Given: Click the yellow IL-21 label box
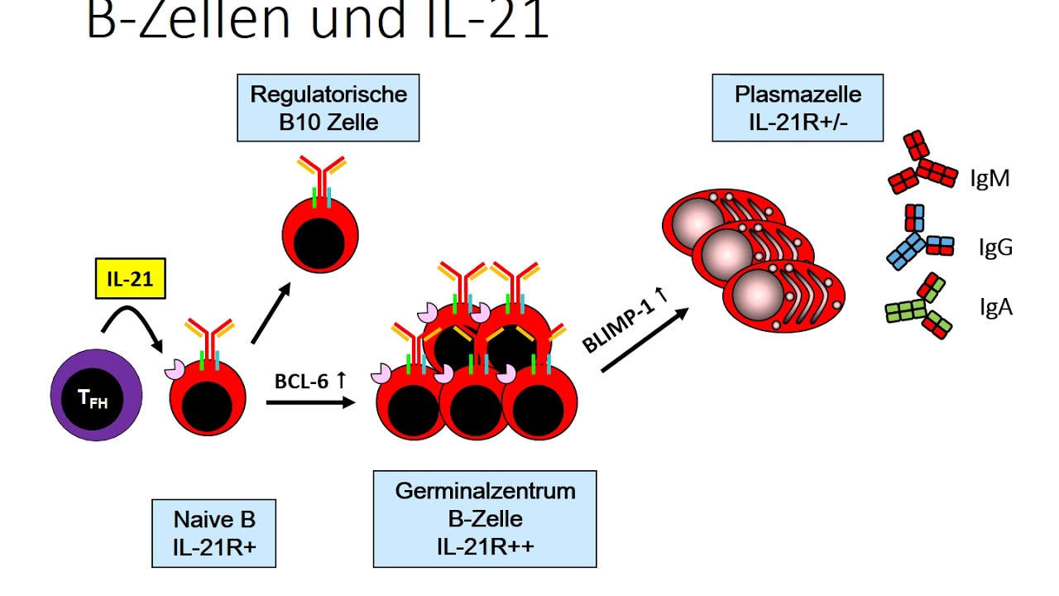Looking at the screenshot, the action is pos(130,279).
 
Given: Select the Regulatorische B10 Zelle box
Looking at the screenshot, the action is pos(328,108).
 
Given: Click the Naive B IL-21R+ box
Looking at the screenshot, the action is pos(214,532).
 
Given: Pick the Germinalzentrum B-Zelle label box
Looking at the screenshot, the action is pos(484,519).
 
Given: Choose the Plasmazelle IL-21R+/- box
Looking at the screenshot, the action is pos(798,107).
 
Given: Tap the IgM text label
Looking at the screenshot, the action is pos(990,178).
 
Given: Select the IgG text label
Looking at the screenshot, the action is pos(994,247).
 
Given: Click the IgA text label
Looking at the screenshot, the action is pos(995,308).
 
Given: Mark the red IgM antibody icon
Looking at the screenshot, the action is pos(922,163).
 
